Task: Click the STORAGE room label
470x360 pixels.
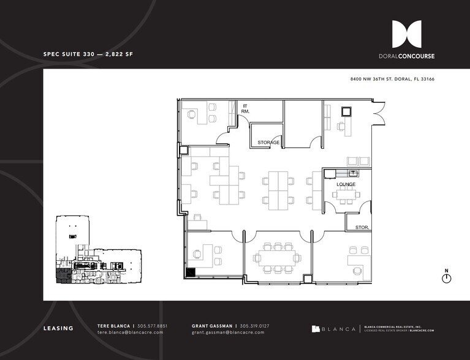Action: click(x=268, y=143)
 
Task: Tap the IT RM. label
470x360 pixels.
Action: click(x=244, y=109)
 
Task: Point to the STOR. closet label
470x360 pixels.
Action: click(x=362, y=228)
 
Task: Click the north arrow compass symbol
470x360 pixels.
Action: click(x=446, y=278)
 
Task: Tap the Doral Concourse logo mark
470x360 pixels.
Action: click(x=406, y=34)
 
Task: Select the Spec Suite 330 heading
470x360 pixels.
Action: click(x=88, y=54)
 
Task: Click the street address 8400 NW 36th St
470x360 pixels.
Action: click(x=392, y=80)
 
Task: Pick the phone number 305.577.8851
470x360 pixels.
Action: click(x=153, y=326)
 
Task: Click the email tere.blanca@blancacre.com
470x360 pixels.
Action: click(x=131, y=332)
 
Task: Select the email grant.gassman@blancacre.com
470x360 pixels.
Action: click(x=228, y=332)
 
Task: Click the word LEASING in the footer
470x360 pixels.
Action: click(x=58, y=329)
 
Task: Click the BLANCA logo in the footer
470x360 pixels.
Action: click(x=333, y=329)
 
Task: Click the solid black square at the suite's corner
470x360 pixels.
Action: click(x=190, y=273)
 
